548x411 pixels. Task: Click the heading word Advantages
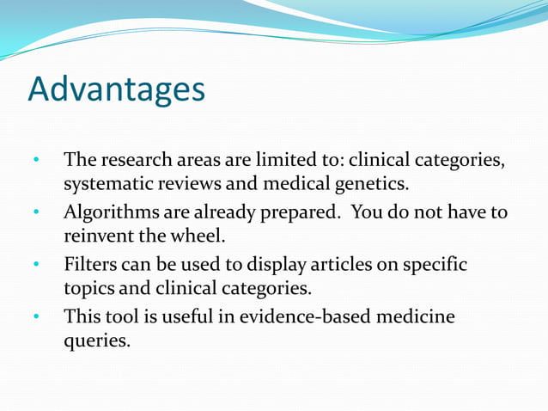pyautogui.click(x=117, y=89)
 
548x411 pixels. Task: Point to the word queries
pyautogui.click(x=97, y=340)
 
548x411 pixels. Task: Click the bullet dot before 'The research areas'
pyautogui.click(x=36, y=161)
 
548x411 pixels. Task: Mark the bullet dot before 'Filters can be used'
pyautogui.click(x=36, y=264)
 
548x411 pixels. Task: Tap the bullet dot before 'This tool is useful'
pyautogui.click(x=36, y=316)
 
